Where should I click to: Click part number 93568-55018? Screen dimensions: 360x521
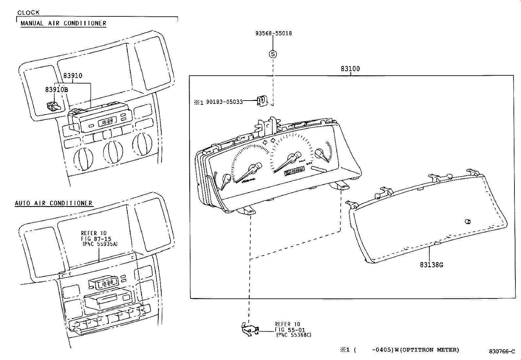(x=273, y=33)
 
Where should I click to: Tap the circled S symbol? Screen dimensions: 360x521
(x=273, y=54)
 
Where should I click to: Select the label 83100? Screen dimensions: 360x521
(x=350, y=69)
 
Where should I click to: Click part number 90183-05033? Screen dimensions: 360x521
(x=224, y=102)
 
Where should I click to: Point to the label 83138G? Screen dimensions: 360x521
(x=431, y=265)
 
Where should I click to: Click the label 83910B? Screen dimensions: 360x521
(x=56, y=89)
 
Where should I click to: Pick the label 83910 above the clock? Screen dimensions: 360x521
(x=73, y=76)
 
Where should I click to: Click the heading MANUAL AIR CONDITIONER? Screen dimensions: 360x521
(x=63, y=23)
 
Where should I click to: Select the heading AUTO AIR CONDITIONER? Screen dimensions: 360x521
(x=54, y=203)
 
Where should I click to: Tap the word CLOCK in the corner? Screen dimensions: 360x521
(x=28, y=12)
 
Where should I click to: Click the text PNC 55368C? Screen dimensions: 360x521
(x=294, y=335)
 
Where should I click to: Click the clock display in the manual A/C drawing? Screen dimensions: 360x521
(x=105, y=122)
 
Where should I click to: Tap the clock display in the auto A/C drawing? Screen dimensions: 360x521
(x=105, y=283)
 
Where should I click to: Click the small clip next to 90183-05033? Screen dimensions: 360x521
(x=261, y=101)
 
